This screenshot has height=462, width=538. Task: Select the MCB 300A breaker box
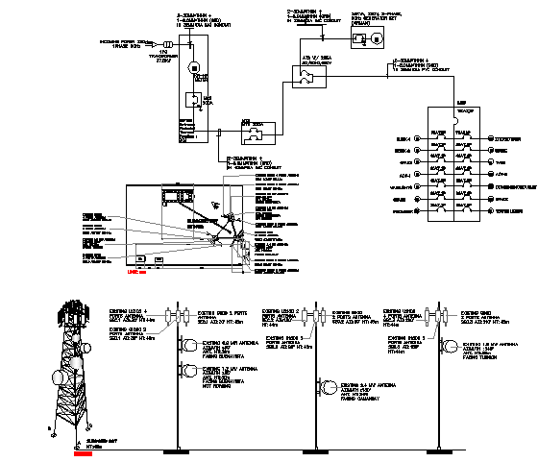[194, 100]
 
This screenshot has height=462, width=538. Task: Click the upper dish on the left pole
[185, 343]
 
